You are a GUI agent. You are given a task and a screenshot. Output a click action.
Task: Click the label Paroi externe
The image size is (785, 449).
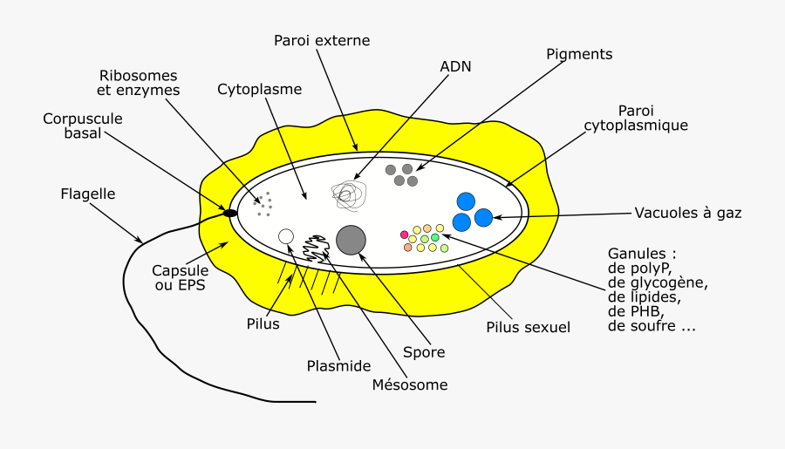click(322, 40)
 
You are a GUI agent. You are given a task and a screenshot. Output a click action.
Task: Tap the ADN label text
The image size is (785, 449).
click(456, 66)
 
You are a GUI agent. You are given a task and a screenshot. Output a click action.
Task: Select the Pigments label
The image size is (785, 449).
click(579, 54)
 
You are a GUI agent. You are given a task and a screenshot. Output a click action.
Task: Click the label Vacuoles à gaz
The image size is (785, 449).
click(688, 212)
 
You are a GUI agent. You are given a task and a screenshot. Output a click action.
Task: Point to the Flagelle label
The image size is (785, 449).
click(88, 194)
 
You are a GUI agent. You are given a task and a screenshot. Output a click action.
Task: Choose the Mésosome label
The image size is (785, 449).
click(409, 384)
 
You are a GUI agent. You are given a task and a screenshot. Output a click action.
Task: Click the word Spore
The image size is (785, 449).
click(424, 352)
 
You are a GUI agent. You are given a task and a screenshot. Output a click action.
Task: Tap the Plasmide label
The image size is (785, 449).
click(339, 366)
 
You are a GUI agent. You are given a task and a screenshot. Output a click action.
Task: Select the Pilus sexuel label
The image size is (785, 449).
click(528, 328)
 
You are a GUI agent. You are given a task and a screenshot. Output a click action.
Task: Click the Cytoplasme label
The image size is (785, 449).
click(259, 89)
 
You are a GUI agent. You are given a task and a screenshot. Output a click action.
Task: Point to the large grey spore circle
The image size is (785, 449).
click(351, 240)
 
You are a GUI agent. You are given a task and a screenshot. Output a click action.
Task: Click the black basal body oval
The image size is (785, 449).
click(230, 213)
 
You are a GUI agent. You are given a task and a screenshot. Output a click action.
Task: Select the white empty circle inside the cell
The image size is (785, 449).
click(285, 236)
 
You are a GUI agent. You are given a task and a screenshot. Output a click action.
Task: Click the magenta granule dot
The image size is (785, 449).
click(404, 235)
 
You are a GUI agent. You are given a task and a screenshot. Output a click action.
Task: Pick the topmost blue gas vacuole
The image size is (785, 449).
click(466, 201)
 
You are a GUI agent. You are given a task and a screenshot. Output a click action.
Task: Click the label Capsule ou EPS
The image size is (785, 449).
click(180, 276)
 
